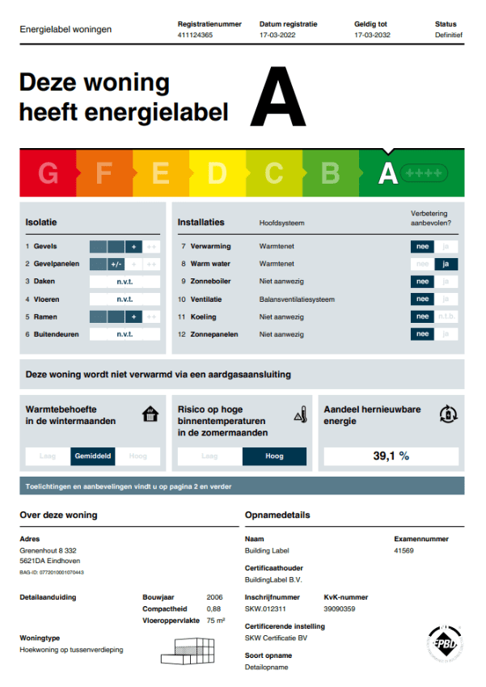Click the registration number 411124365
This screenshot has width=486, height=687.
[195, 36]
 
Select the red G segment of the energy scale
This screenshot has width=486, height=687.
[49, 173]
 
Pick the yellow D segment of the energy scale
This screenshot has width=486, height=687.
[217, 173]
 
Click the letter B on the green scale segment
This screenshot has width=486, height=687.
[330, 173]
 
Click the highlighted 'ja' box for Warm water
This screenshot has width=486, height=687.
[446, 264]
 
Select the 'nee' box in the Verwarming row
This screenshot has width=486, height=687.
[421, 246]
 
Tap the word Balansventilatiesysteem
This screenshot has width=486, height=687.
[297, 299]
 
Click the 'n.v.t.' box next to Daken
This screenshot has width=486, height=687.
[125, 282]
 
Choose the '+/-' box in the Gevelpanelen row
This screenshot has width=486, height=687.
[116, 264]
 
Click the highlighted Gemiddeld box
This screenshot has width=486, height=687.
[93, 456]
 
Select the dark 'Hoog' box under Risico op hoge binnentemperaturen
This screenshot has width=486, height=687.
[274, 456]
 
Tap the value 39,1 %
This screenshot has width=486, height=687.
[391, 456]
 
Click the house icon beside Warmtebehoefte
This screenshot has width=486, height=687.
[150, 414]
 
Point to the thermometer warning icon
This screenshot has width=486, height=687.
[301, 414]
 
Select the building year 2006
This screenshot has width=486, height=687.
[214, 598]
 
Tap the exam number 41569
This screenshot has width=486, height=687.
[404, 550]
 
